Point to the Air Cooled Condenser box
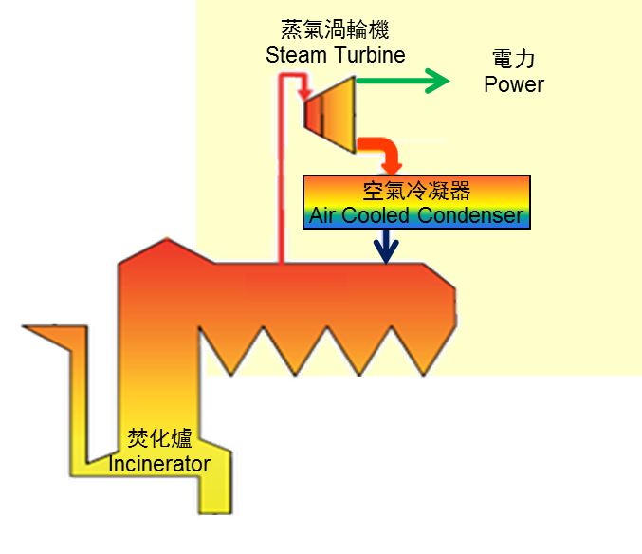(416, 202)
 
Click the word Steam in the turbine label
(295, 54)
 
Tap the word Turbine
(367, 54)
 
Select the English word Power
(514, 84)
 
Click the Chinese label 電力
(515, 60)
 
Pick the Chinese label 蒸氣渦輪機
(335, 30)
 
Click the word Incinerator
(159, 464)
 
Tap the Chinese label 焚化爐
(160, 439)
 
